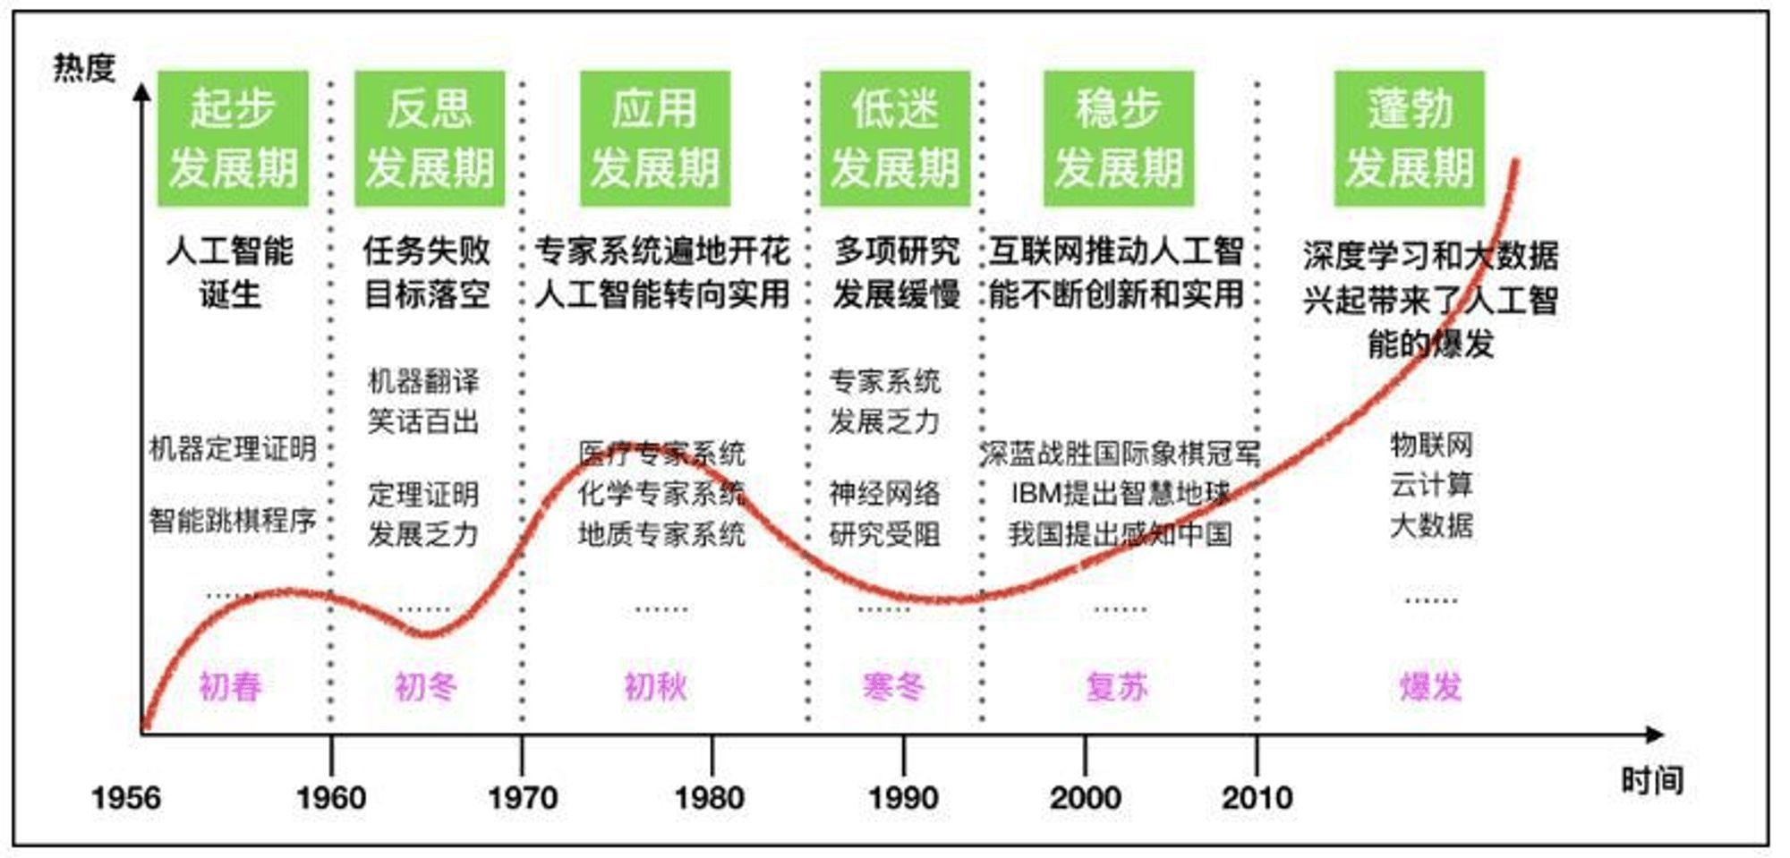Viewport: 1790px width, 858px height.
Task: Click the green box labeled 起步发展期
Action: pyautogui.click(x=233, y=139)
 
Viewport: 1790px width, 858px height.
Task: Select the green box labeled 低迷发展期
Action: pyautogui.click(x=895, y=139)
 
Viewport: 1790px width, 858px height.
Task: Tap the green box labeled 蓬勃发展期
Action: pyautogui.click(x=1409, y=139)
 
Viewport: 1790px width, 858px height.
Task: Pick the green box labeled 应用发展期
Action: pyautogui.click(x=654, y=139)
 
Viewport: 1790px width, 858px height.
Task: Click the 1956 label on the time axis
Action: pyautogui.click(x=126, y=797)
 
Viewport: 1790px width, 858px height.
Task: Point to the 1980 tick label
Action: pyautogui.click(x=710, y=797)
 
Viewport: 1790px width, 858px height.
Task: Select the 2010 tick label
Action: pyautogui.click(x=1257, y=797)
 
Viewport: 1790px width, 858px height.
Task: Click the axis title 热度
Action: pyautogui.click(x=84, y=68)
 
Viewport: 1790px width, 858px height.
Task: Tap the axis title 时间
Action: pyautogui.click(x=1651, y=780)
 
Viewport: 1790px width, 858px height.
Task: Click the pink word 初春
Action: pyautogui.click(x=230, y=686)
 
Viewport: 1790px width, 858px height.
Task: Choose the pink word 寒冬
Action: pyautogui.click(x=893, y=686)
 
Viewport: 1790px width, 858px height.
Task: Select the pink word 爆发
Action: pyautogui.click(x=1430, y=686)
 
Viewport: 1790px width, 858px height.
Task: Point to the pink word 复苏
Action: pyautogui.click(x=1117, y=686)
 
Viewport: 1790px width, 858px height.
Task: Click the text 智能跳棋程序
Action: pyautogui.click(x=233, y=520)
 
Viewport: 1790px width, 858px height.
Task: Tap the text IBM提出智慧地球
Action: pyautogui.click(x=1120, y=493)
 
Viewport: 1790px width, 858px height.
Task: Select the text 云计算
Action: pyautogui.click(x=1431, y=485)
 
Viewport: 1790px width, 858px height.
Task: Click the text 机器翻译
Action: pyautogui.click(x=423, y=381)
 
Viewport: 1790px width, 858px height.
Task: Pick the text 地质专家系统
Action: pyautogui.click(x=661, y=534)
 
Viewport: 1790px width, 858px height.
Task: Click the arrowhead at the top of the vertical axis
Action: pyautogui.click(x=142, y=91)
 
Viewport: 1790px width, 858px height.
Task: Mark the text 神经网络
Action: pyautogui.click(x=884, y=493)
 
